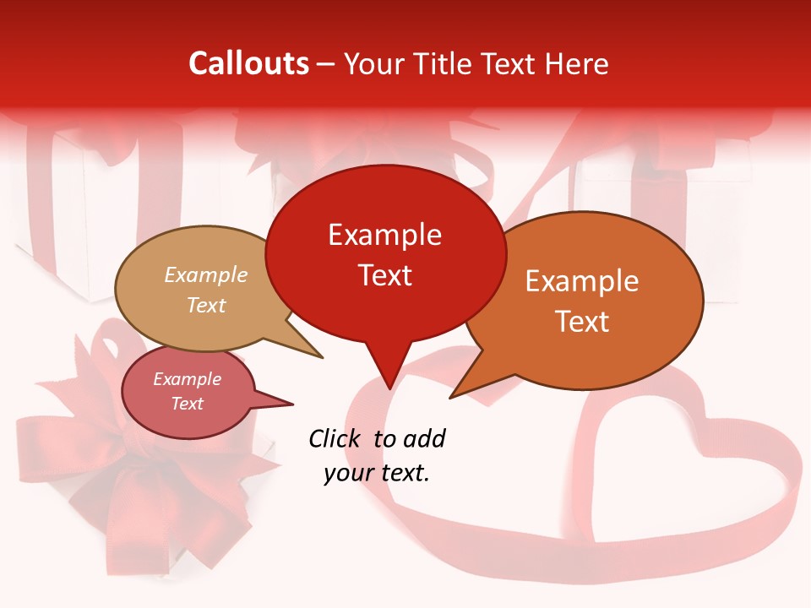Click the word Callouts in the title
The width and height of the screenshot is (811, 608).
[x=248, y=63]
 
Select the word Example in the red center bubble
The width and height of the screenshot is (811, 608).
[x=384, y=235]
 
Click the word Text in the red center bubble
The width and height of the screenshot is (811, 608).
[x=384, y=275]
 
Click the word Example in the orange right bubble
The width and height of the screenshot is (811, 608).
[x=582, y=281]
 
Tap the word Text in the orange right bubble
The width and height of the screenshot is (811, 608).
[x=582, y=322]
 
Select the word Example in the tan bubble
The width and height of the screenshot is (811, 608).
[x=205, y=275]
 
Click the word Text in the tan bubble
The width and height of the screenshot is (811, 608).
[x=205, y=306]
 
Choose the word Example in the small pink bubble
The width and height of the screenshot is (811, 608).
[x=187, y=379]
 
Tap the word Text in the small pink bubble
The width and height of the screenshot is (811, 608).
[x=187, y=404]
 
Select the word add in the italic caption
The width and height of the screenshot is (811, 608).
[x=424, y=438]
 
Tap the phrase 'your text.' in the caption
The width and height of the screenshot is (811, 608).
[x=376, y=474]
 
